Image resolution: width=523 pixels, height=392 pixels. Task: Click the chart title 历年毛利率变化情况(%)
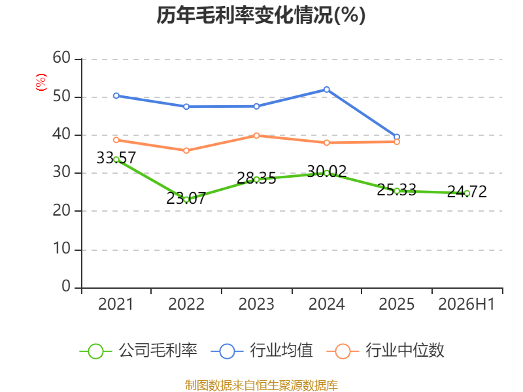pos(261,15)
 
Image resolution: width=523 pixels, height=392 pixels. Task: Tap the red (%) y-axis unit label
pos(41,82)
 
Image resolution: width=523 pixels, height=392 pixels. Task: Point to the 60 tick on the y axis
pos(61,58)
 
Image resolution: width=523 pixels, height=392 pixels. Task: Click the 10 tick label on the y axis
pos(61,249)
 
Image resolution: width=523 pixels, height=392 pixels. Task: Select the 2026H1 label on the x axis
pos(466,304)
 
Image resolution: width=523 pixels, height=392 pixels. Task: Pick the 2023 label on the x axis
pos(256,304)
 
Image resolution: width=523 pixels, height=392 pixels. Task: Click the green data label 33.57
pos(116,157)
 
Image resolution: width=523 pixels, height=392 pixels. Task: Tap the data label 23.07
pos(186,199)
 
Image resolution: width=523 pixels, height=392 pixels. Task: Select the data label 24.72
pos(467,191)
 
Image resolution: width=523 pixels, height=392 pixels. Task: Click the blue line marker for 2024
pos(326,90)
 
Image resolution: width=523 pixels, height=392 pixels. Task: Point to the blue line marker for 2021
pos(116,95)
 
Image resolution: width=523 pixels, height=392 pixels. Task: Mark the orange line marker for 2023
pos(256,136)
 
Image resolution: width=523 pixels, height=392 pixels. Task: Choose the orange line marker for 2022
pos(186,151)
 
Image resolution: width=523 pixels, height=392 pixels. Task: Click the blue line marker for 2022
pos(186,106)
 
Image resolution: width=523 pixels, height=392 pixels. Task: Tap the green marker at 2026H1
pos(467,193)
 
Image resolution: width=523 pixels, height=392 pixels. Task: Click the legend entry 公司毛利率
pos(139,351)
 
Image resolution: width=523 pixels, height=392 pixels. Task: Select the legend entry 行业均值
pos(262,351)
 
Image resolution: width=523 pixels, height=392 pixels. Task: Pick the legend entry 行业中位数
pos(386,351)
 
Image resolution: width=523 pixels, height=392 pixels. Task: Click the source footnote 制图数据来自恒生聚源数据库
pos(261,385)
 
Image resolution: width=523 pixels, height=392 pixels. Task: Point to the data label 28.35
pos(256,178)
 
